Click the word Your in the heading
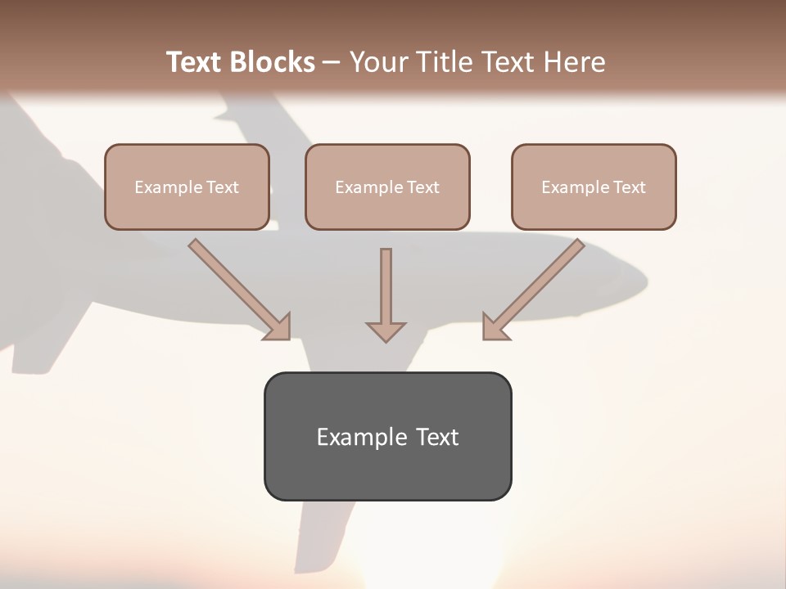[x=380, y=62]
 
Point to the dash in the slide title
[x=332, y=63]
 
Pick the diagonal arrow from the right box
[x=536, y=286]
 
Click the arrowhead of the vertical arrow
[x=386, y=331]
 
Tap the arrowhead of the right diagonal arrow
[x=495, y=327]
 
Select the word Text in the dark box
[x=437, y=437]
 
